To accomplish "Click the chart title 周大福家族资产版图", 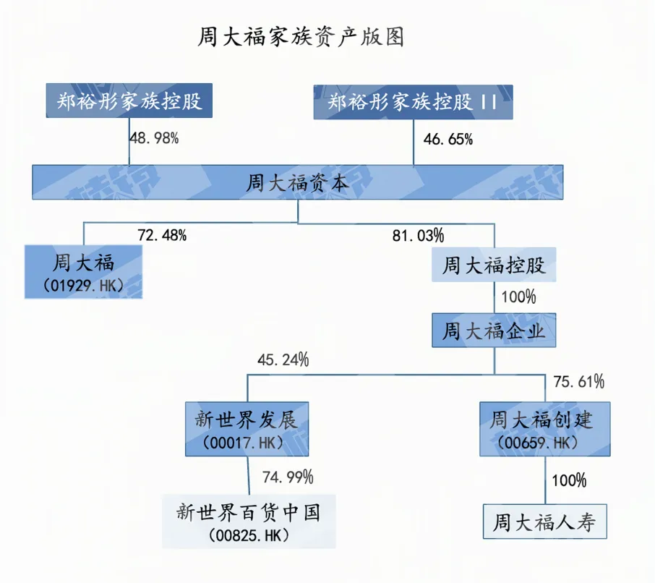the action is coord(300,37).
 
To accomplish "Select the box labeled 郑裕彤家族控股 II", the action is coord(413,102).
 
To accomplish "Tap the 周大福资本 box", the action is coord(297,182).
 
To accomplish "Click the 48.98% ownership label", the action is coord(154,138).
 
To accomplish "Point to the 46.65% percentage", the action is coord(448,139).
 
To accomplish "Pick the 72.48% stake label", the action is coord(162,235).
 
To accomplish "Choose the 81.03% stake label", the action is coord(418,236).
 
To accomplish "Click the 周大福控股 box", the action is coord(494,265).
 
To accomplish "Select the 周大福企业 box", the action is coord(494,330).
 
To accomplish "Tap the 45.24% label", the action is coord(283,359).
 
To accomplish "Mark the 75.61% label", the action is coord(579,382).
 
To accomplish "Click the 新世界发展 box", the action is coord(247,429).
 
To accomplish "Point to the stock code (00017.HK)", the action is coord(243,443).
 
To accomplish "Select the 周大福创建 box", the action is coord(544,429).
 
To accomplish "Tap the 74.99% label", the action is coord(288,477).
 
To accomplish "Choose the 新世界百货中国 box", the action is coord(249,522).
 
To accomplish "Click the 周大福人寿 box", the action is coord(544,522).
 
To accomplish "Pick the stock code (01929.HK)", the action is coord(84,286).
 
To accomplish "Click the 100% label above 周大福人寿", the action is coord(569,480).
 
